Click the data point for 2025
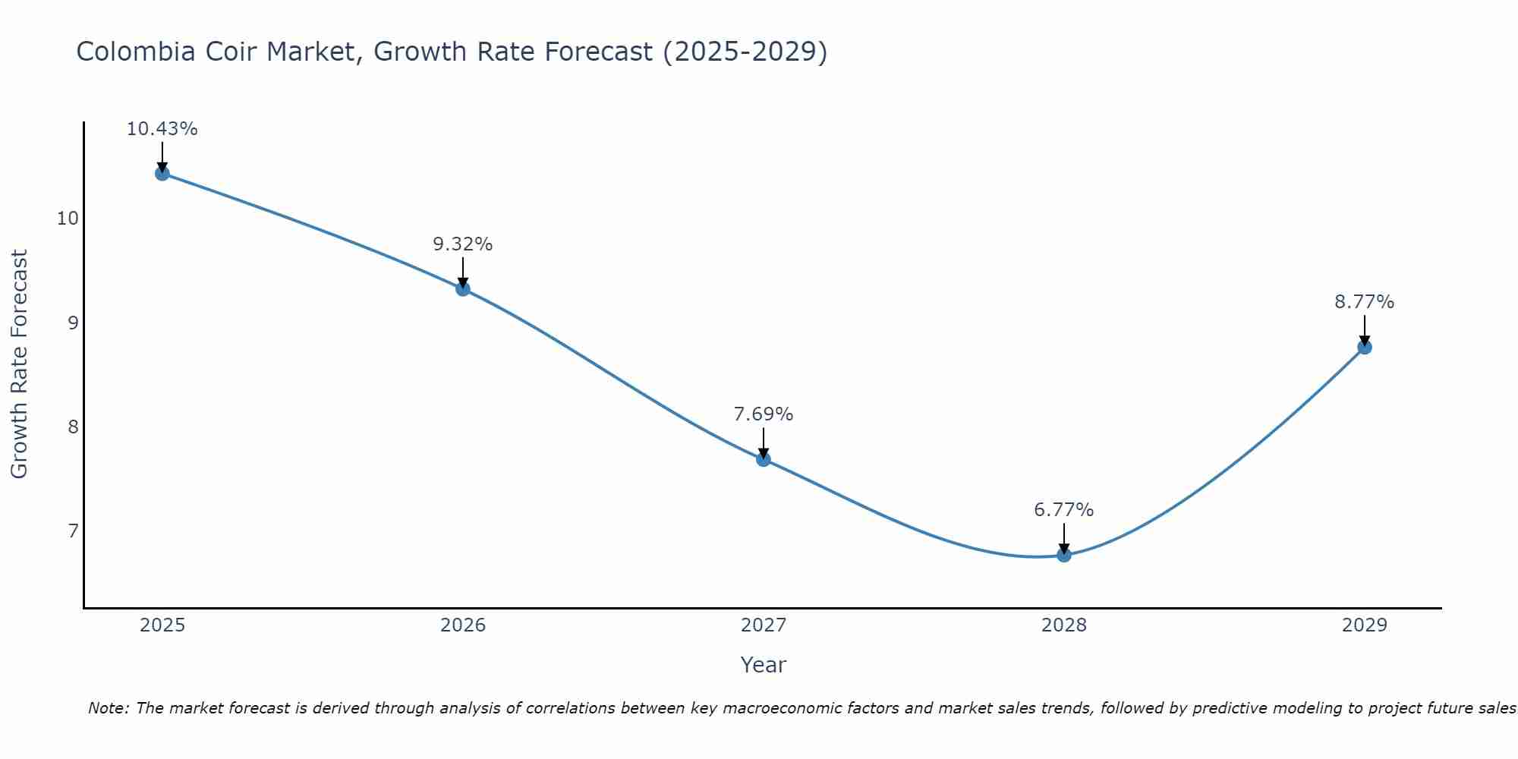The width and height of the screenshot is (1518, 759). coord(162,174)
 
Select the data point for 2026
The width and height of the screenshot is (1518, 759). coord(463,288)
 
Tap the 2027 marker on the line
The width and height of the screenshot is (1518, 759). coord(764,458)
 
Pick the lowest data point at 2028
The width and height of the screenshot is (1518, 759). coord(1064,555)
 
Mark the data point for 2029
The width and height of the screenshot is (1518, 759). coord(1364,347)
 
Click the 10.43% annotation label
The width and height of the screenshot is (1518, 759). coord(162,129)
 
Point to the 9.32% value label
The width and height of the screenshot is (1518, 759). coord(463,244)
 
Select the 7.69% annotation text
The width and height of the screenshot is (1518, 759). coord(764,414)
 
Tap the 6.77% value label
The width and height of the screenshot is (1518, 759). coord(1064,510)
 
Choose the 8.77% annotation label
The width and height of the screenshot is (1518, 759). coord(1364,302)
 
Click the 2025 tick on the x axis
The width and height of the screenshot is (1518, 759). coord(162,625)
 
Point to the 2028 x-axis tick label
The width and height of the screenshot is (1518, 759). coord(1064,625)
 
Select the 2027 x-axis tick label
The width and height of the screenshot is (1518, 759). coord(764,625)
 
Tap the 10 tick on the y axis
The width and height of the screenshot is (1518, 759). coord(68,219)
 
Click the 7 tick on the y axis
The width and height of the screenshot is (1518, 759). coord(73,531)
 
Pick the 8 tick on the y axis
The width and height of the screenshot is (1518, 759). coord(73,427)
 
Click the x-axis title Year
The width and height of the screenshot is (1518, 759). coord(764,665)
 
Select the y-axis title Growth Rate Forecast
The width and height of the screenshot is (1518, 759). coord(19,364)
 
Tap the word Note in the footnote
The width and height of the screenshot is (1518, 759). coord(109,709)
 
